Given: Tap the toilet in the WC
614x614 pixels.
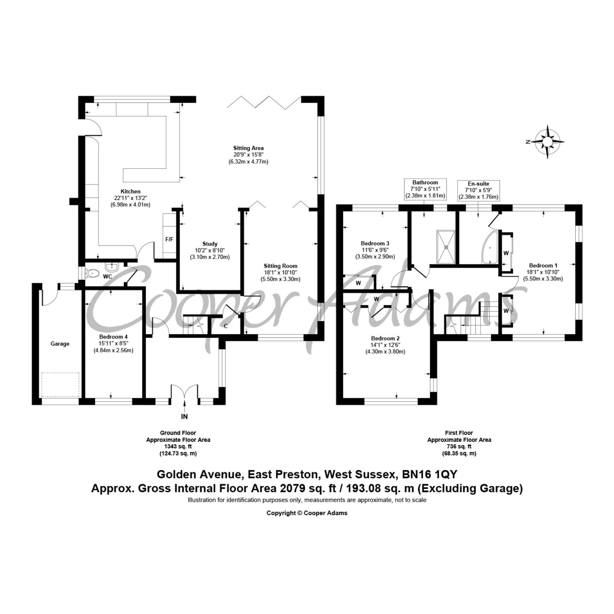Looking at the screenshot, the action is [x=92, y=273].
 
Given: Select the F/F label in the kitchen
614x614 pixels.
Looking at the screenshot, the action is [x=169, y=239].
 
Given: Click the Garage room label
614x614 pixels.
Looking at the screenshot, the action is [x=60, y=344].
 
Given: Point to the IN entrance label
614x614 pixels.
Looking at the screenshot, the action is [x=185, y=417].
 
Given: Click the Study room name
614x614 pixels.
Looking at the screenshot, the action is [x=210, y=244].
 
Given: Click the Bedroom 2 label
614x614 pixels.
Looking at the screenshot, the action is [x=385, y=339].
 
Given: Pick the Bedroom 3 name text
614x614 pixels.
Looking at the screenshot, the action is [x=375, y=243].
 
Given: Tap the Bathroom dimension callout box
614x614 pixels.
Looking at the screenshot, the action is [x=425, y=189].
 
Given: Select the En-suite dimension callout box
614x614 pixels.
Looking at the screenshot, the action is [x=478, y=190].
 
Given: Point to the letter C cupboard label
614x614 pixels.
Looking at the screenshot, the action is [x=226, y=326].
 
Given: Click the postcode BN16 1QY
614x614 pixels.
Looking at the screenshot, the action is [x=429, y=484].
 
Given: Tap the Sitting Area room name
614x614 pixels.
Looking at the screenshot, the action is [x=248, y=148].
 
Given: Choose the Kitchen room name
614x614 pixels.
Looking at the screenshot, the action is [x=130, y=191].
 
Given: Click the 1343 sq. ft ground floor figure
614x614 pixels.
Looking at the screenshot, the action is [x=178, y=446].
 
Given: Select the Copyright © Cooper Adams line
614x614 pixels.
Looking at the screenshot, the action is [x=307, y=513].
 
